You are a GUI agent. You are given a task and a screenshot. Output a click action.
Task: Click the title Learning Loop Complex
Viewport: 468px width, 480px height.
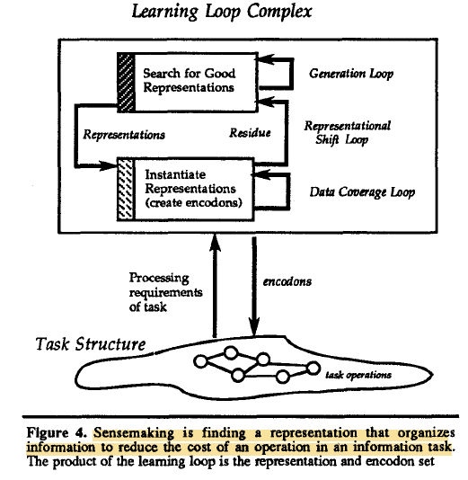pos(222,12)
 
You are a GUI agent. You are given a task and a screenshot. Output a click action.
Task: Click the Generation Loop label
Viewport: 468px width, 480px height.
pos(351,74)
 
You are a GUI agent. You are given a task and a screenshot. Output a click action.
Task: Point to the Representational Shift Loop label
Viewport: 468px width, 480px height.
pos(347,133)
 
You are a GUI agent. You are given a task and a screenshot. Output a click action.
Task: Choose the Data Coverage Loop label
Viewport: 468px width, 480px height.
pos(362,192)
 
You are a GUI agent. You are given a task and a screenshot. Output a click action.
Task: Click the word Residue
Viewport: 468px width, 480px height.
pos(250,132)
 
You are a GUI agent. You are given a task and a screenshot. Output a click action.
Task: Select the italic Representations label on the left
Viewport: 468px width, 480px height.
pos(124,135)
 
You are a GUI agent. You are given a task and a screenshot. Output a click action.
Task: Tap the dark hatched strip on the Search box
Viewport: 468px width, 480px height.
pos(126,83)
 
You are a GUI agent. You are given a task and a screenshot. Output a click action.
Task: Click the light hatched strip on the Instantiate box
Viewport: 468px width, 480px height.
pos(126,189)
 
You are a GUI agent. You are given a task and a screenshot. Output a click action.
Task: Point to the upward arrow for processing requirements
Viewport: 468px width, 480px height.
pos(215,286)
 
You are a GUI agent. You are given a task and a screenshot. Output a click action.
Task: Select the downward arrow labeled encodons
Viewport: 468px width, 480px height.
pos(254,286)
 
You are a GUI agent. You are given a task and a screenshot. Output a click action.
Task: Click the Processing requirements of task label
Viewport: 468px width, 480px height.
pos(165,292)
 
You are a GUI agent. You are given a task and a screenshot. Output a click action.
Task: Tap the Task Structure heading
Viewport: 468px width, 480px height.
pos(91,343)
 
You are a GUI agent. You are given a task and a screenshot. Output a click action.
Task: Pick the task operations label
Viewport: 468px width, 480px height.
pos(358,375)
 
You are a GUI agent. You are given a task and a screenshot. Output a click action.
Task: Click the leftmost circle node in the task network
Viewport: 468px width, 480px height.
pos(200,361)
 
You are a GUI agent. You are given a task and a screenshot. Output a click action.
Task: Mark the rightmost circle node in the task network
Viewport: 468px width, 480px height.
pos(313,368)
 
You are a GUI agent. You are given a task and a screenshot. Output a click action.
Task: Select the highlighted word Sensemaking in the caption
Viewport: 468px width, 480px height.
pos(134,433)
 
